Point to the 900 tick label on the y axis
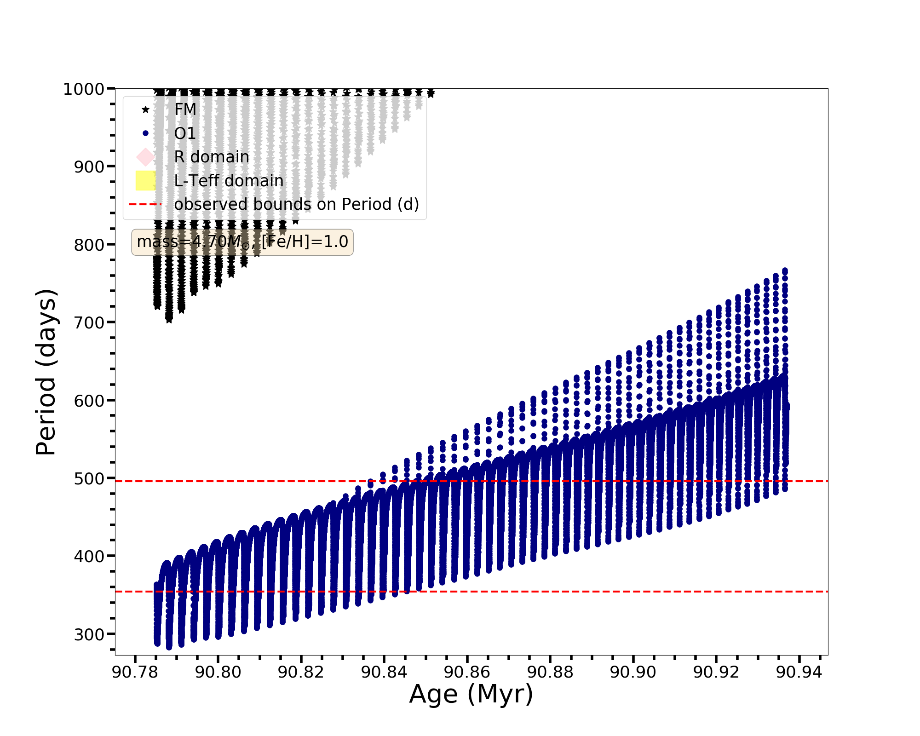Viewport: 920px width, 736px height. (x=89, y=167)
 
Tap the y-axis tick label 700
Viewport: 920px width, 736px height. (x=89, y=322)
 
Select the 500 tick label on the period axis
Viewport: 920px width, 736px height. (x=89, y=478)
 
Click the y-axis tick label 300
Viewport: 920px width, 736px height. (x=89, y=634)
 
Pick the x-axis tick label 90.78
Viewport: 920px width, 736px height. (x=135, y=673)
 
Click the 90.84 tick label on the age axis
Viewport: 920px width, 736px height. (x=384, y=673)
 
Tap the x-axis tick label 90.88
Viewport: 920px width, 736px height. (x=550, y=673)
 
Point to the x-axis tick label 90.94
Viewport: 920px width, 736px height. (x=799, y=673)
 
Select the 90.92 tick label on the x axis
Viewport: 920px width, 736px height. (x=716, y=673)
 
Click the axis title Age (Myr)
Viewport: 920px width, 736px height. (x=471, y=694)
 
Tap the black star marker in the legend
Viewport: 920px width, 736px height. (x=145, y=109)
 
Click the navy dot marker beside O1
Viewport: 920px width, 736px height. (x=145, y=133)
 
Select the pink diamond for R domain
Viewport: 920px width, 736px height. (x=145, y=157)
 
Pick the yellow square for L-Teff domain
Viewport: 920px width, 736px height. (x=145, y=181)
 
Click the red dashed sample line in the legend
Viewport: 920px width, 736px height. (x=145, y=204)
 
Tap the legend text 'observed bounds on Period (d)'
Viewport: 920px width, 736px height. (x=297, y=204)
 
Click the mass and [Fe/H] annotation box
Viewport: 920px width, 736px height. (x=242, y=242)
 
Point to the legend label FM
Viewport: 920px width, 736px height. (x=185, y=109)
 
